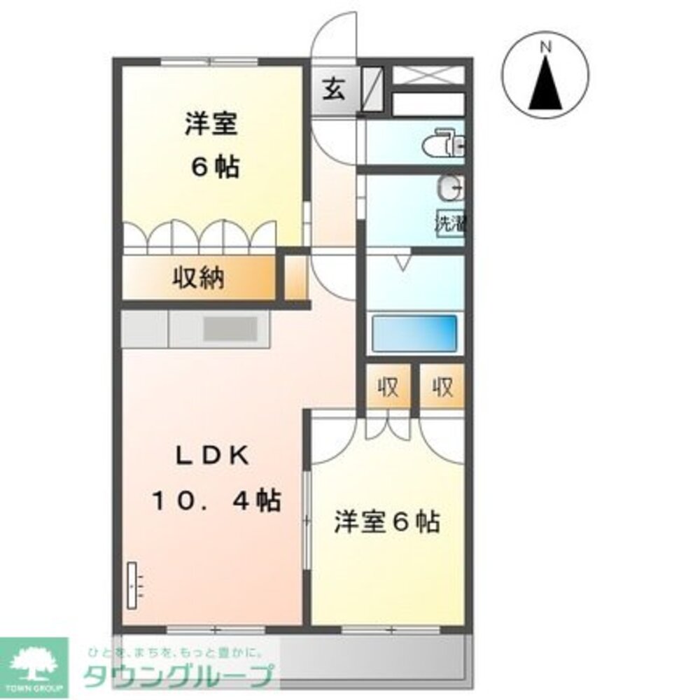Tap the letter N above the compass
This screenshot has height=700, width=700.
547,47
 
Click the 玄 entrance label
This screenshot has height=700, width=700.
334,90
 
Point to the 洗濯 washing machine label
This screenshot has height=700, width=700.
451,225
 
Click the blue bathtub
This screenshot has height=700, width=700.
414,332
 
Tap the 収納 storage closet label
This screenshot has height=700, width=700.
199,279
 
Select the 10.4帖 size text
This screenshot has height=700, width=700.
218,500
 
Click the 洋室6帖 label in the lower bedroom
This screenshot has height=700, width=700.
387,521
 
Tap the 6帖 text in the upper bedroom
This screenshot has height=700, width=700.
216,167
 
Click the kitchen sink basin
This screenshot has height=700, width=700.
231,328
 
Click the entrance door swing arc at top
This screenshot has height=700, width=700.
334,38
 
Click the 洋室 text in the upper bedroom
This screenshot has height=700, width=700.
212,125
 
